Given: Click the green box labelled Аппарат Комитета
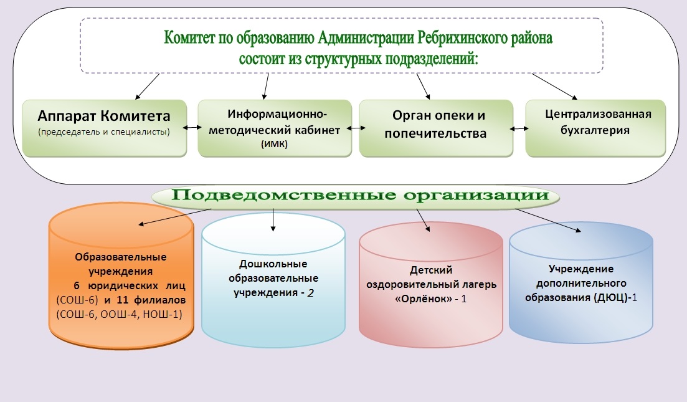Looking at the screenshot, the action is click(x=105, y=128).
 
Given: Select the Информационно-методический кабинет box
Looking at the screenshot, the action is click(x=275, y=128).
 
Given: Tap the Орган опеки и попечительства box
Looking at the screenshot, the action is click(x=436, y=128).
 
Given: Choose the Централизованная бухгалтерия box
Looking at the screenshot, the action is click(x=595, y=128).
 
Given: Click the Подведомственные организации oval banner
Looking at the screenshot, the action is click(x=356, y=196).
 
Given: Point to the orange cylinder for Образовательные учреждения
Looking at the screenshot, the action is click(x=121, y=275).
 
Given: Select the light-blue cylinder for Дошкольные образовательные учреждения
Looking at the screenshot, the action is click(x=273, y=280).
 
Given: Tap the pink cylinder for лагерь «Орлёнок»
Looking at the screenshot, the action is click(x=431, y=285).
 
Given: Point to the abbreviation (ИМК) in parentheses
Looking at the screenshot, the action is click(x=274, y=144).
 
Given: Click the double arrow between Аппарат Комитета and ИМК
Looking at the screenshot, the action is click(x=192, y=128).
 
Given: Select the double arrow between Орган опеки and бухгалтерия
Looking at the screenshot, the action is click(x=519, y=128).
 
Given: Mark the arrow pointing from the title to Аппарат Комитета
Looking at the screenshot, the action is click(x=147, y=87).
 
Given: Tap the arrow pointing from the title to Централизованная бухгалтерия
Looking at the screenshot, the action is click(x=554, y=87).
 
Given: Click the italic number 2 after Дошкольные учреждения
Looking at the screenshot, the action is click(x=310, y=293).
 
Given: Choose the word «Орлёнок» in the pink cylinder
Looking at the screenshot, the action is click(x=424, y=299).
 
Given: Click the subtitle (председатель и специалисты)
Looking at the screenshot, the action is click(x=104, y=132).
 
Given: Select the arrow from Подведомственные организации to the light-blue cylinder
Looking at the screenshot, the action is click(x=273, y=219).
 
